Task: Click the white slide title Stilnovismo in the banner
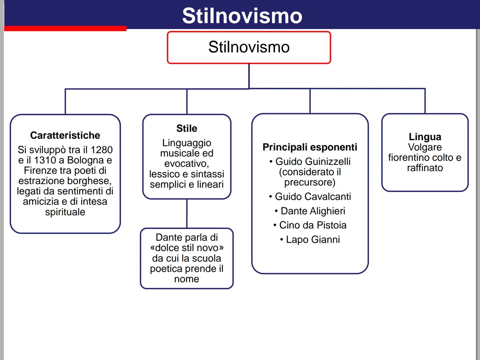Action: [242, 16]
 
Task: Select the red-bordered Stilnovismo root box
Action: [249, 47]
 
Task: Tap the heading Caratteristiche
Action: [65, 135]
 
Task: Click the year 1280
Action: [102, 150]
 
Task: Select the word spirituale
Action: [65, 212]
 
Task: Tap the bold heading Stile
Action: [187, 128]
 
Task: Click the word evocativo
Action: [186, 164]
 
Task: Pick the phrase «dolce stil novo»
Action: [187, 248]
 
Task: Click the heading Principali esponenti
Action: [310, 147]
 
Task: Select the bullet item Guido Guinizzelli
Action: [313, 162]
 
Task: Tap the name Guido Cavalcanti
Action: [313, 197]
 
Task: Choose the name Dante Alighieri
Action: [313, 211]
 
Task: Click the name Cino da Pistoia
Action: [313, 225]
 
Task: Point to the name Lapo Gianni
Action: [313, 240]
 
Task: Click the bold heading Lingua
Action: [425, 137]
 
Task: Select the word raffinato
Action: [425, 168]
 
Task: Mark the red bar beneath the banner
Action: [65, 28]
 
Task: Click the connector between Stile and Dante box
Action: [187, 214]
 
